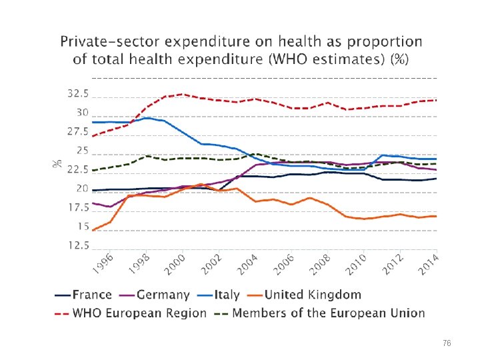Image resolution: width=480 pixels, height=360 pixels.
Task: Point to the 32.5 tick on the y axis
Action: (x=78, y=94)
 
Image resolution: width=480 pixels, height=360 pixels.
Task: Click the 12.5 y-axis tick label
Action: (x=78, y=245)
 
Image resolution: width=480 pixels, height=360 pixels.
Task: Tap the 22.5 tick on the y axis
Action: (x=78, y=170)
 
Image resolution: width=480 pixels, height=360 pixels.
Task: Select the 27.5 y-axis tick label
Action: (x=78, y=132)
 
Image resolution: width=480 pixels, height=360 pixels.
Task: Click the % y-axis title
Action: (x=58, y=162)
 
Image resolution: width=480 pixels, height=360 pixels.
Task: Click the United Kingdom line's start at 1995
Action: (x=93, y=230)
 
